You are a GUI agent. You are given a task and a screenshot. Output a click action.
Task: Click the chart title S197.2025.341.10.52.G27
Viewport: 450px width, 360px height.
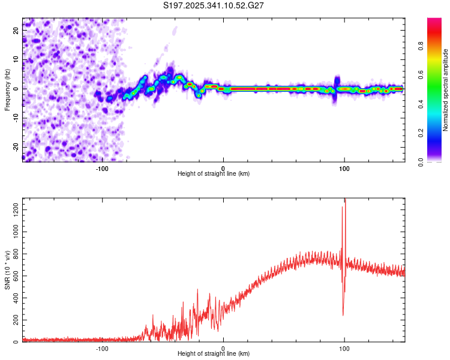click(x=214, y=5)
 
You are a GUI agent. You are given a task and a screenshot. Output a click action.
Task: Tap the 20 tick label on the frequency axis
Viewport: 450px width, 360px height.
click(x=16, y=29)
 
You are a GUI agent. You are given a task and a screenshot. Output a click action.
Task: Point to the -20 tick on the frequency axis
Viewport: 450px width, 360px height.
click(x=15, y=147)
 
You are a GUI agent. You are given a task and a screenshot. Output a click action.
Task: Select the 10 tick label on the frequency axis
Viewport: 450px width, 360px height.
click(x=16, y=58)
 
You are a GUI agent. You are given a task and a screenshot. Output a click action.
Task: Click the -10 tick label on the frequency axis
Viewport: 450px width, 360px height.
click(x=15, y=118)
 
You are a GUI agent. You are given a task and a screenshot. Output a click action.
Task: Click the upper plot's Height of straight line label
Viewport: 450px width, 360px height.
click(x=214, y=173)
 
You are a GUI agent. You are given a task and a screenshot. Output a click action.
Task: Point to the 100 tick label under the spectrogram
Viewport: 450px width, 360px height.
click(x=344, y=168)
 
